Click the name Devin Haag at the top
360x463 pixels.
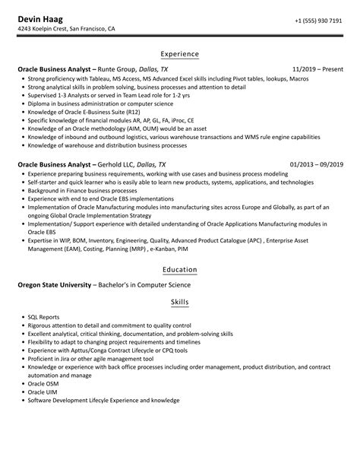pos(42,17)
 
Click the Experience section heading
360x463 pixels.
pos(180,55)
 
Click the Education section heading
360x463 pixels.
pos(180,269)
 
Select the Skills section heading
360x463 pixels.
pos(180,302)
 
